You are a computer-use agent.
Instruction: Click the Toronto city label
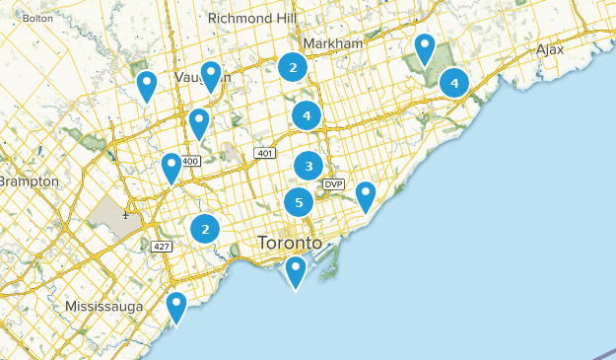pos(289,242)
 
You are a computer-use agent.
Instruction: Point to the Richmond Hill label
pos(252,17)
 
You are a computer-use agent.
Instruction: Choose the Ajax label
pos(550,49)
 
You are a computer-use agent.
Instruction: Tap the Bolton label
pos(37,18)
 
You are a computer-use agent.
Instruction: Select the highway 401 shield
pos(263,153)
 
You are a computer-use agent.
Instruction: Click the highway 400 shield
pos(190,161)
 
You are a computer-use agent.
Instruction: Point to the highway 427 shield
pos(162,246)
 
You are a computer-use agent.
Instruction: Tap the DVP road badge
pos(333,184)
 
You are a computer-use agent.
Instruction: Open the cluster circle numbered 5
pos(299,203)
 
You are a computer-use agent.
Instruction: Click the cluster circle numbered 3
pos(308,166)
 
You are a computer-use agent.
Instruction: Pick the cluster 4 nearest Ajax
pos(454,83)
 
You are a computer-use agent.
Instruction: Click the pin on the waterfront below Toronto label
pos(296,271)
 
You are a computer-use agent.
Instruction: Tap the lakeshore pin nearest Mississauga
pos(176,307)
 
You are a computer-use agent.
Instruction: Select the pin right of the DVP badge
pos(366,195)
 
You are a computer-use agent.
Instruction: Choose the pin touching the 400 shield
pos(171,168)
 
